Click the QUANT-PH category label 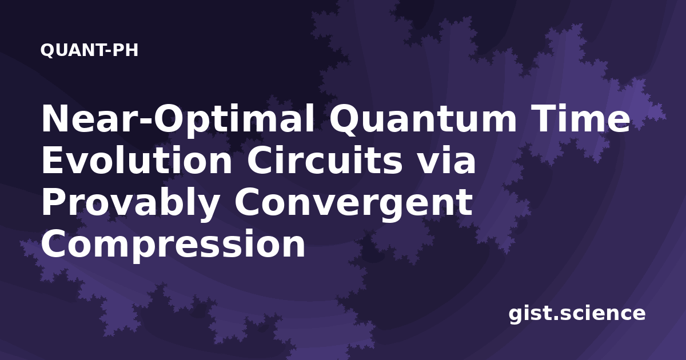[89, 50]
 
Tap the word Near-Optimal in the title [178, 119]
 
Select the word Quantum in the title [423, 119]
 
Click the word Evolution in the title [137, 160]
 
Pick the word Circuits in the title [325, 160]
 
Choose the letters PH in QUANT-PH [125, 50]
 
